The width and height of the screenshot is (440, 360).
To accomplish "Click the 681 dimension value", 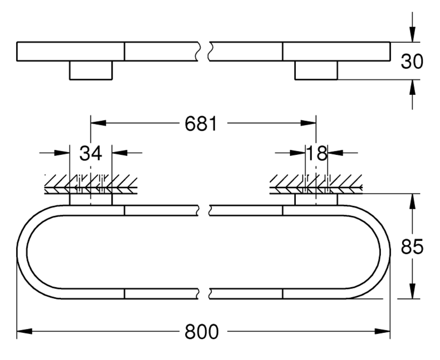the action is pyautogui.click(x=201, y=124).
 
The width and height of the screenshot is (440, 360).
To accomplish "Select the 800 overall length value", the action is pyautogui.click(x=201, y=332).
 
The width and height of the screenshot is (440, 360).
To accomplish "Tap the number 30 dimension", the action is pyautogui.click(x=412, y=62).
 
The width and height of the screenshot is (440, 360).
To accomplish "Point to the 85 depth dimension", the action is pyautogui.click(x=412, y=247).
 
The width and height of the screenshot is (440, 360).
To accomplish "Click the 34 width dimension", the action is pyautogui.click(x=91, y=153).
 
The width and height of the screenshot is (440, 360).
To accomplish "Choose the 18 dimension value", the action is pyautogui.click(x=317, y=153).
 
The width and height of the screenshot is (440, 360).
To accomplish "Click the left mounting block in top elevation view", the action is pyautogui.click(x=91, y=70).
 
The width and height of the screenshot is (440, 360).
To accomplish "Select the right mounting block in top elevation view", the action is pyautogui.click(x=316, y=70).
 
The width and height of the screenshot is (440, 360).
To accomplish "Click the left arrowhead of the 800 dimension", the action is pyautogui.click(x=24, y=332).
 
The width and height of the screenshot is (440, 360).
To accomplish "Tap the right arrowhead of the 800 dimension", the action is pyautogui.click(x=383, y=332).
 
